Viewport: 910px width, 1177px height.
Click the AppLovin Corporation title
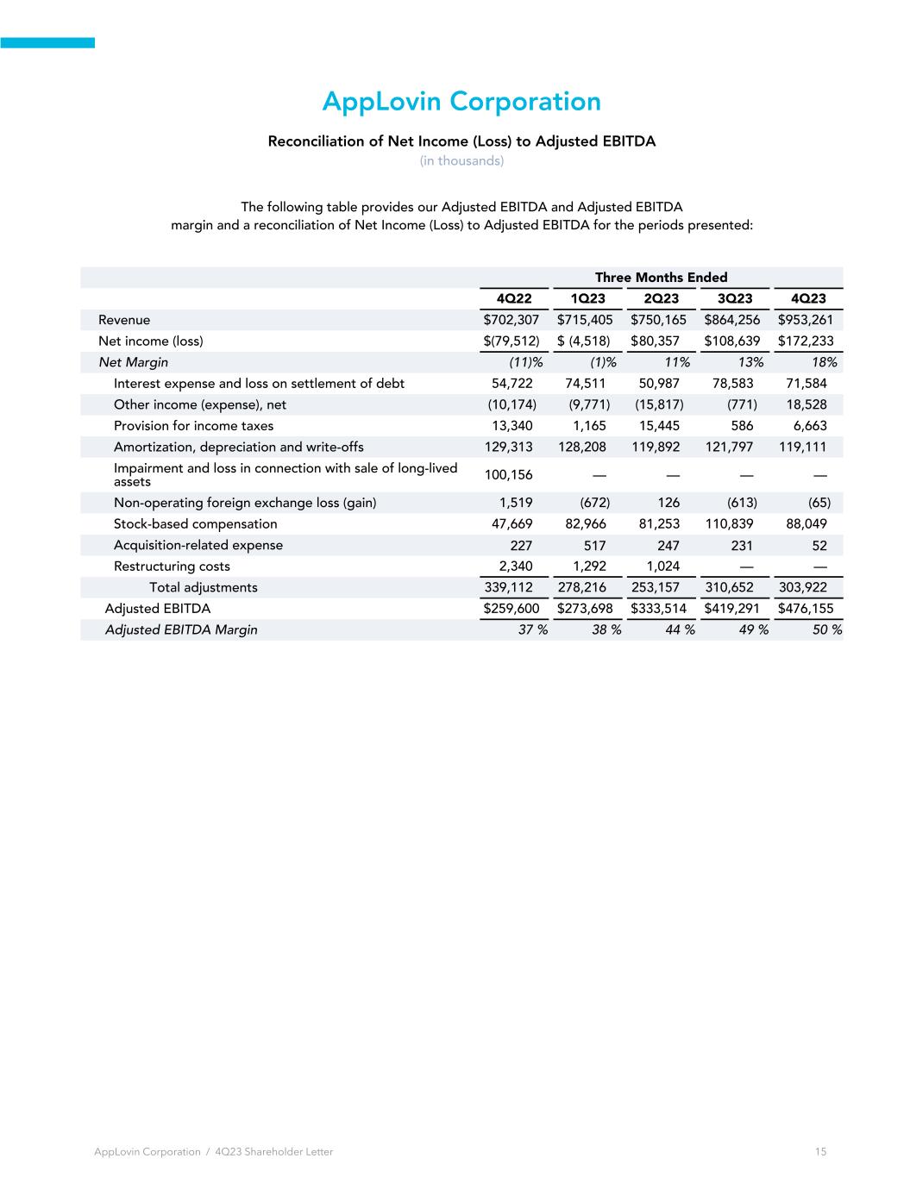tap(461, 102)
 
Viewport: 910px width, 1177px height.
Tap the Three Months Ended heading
tap(661, 277)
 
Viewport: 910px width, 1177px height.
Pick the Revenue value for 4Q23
tap(806, 320)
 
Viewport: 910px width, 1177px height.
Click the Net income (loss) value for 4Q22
tap(511, 341)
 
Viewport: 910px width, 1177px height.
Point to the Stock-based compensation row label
tap(196, 524)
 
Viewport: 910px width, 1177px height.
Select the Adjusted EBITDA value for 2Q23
tap(659, 609)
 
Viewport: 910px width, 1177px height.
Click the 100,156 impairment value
tap(509, 474)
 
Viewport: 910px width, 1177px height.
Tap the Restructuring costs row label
tap(172, 567)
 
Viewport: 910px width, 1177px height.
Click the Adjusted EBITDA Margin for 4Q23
tap(825, 629)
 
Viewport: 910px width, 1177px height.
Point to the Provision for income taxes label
tap(193, 426)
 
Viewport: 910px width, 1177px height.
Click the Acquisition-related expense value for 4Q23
tap(819, 545)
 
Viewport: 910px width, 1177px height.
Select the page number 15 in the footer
tap(820, 1151)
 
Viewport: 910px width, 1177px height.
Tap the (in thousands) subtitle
tap(461, 161)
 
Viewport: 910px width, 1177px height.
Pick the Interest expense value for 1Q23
tap(586, 383)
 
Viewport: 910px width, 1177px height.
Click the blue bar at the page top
tap(47, 42)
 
